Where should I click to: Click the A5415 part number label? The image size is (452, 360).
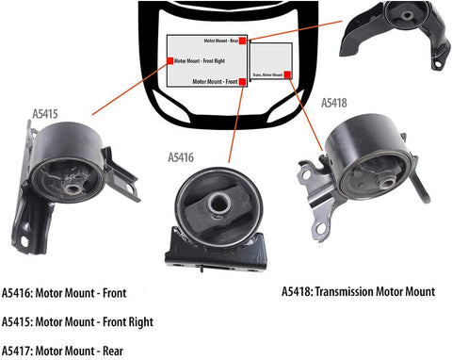pos(45,115)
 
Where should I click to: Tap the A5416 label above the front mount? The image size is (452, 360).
pos(181,157)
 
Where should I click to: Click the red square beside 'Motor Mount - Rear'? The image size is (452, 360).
pos(243,42)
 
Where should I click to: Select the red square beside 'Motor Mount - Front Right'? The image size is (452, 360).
pos(169,60)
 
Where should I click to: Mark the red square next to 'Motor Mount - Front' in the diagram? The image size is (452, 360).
pos(243,83)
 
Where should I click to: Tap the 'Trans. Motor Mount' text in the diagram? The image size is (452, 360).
pos(267,74)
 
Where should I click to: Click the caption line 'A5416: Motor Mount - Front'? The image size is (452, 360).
pos(64,293)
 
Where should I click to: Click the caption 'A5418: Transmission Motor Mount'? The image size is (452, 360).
pos(358,292)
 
